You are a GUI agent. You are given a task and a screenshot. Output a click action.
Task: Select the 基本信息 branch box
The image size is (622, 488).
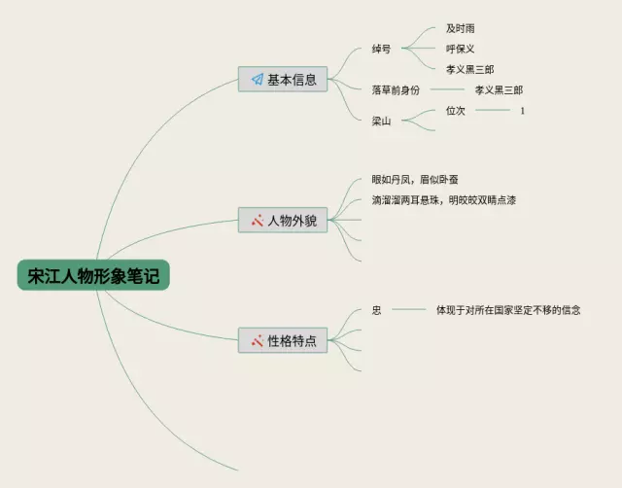(x=283, y=80)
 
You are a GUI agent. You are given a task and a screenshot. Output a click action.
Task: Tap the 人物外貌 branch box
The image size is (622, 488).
(x=283, y=221)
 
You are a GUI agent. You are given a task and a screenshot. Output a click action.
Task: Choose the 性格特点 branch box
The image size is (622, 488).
(x=283, y=341)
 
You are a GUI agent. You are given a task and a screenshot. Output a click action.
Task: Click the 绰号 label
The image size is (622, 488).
(x=381, y=49)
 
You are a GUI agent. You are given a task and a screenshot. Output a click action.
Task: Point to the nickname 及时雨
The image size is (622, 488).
(x=461, y=29)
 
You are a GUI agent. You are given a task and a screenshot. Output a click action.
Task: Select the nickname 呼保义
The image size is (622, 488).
(x=461, y=49)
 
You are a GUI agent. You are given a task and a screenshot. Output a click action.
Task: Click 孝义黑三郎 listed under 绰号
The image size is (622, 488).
(x=469, y=69)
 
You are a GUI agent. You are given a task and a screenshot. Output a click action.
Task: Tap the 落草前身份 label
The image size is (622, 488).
(x=396, y=89)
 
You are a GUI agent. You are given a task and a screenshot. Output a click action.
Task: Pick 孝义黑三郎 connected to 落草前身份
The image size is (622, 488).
(x=499, y=89)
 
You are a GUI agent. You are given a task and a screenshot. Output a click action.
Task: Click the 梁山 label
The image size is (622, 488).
(x=381, y=121)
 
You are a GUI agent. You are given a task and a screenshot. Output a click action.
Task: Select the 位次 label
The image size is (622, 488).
(x=456, y=111)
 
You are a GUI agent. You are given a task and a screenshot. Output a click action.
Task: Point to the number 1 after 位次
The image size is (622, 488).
(x=522, y=111)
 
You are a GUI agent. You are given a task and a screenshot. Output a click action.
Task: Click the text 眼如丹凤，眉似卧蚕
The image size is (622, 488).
(x=415, y=180)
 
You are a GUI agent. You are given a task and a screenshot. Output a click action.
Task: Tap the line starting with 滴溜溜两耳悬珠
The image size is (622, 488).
(x=443, y=200)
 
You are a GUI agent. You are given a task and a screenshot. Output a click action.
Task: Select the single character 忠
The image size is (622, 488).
(x=376, y=310)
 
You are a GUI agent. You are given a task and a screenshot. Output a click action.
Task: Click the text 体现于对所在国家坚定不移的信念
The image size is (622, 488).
(x=508, y=310)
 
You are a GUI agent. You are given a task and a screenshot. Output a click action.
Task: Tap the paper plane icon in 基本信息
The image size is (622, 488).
(x=257, y=80)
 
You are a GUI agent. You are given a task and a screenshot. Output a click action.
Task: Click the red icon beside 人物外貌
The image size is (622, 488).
(x=257, y=221)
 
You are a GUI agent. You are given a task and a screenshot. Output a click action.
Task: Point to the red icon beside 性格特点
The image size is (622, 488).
(x=257, y=341)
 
